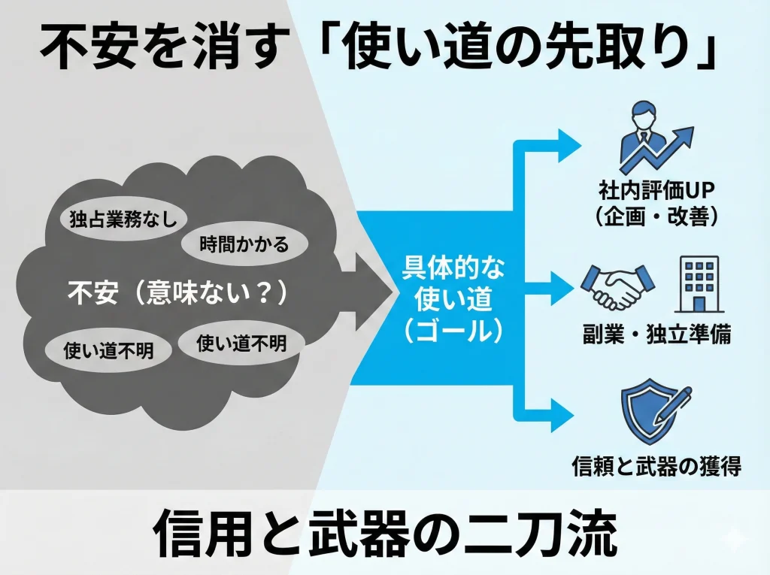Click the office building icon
699,283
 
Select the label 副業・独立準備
656,335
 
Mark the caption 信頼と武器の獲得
656,466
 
